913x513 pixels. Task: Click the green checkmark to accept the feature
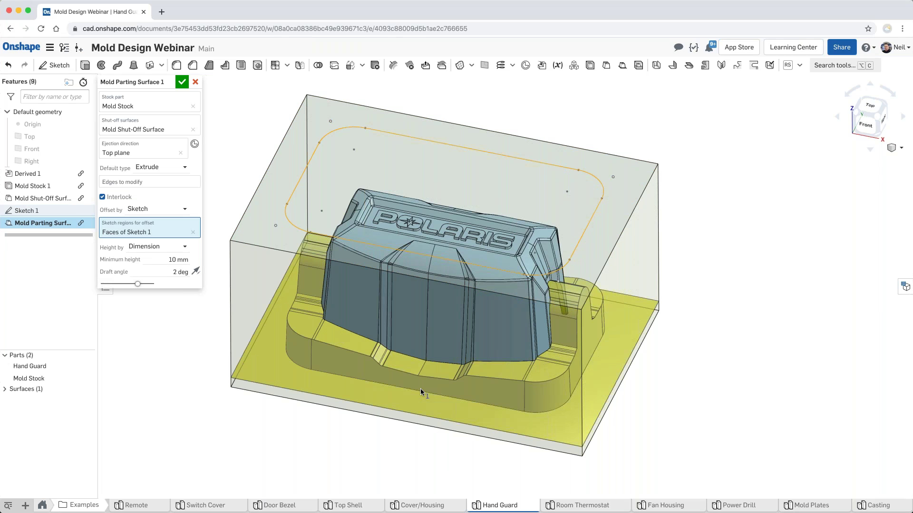coord(182,82)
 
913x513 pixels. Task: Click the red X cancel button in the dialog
coord(195,82)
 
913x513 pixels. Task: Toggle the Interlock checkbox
coord(102,197)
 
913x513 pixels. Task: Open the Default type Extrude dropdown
coord(161,167)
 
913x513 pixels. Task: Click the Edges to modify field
coord(149,182)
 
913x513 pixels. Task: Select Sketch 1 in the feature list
coord(27,210)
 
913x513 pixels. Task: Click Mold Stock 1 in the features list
coord(32,186)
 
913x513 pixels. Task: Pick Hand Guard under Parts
coord(29,366)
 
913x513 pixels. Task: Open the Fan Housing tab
coord(665,505)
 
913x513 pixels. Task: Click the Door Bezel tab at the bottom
coord(279,505)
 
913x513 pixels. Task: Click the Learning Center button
coord(793,47)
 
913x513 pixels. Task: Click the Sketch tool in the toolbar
coord(54,65)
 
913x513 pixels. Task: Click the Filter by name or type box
coord(54,97)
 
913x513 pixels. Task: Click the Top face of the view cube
coord(870,105)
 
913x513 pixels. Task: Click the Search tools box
coord(835,65)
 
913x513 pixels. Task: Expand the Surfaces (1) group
coord(5,389)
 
